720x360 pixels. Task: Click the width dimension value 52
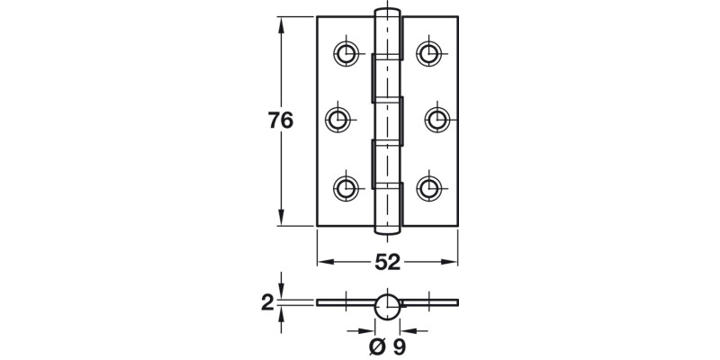[387, 261]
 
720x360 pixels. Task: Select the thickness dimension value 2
[266, 303]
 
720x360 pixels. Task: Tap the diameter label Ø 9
[387, 344]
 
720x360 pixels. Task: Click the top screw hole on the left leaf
[345, 51]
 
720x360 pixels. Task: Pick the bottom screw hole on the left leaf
[345, 186]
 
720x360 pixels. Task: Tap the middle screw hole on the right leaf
[435, 119]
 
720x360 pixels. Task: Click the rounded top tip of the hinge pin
[387, 13]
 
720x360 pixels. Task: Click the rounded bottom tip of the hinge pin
[387, 232]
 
